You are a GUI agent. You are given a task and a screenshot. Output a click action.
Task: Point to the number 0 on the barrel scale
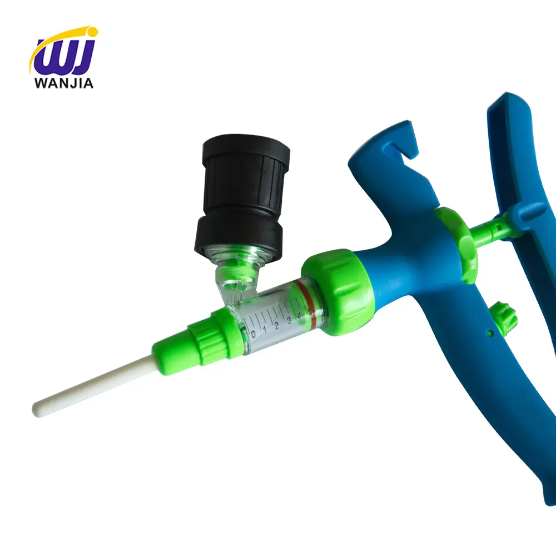[254, 334]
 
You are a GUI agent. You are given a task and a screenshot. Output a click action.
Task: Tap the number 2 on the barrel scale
[276, 326]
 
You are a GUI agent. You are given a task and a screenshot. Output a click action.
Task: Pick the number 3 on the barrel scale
[289, 321]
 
